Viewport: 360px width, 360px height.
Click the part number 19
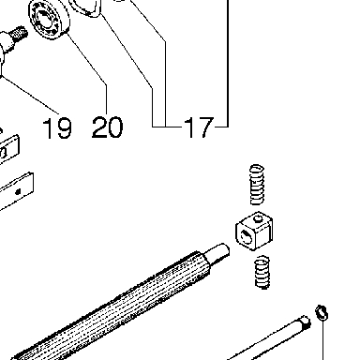click(x=57, y=127)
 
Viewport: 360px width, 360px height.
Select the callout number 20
click(x=107, y=127)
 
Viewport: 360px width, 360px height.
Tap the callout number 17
click(x=199, y=127)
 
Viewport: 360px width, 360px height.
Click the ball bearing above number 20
click(x=50, y=19)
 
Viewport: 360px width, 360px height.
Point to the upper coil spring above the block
click(x=257, y=185)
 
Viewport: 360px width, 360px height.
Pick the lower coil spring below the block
click(x=262, y=272)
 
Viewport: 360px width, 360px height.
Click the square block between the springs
click(x=254, y=231)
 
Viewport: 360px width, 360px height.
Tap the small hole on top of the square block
click(x=258, y=218)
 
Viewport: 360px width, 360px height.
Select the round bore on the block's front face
click(x=247, y=236)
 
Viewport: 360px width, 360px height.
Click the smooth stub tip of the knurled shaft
click(x=218, y=252)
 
